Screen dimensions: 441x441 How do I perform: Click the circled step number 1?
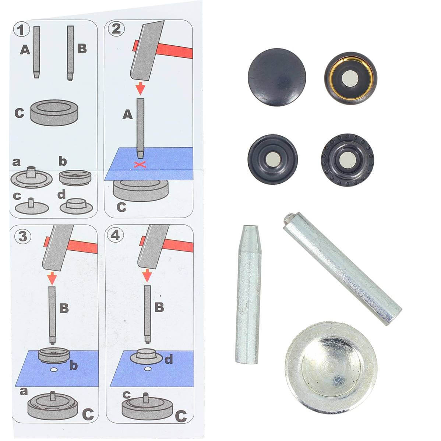[21, 29]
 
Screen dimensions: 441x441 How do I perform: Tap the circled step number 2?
[116, 29]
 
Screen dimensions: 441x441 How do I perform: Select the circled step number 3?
[22, 236]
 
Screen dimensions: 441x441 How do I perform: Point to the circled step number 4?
[115, 235]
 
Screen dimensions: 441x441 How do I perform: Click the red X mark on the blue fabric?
[140, 165]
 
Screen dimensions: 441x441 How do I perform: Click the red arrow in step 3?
[52, 278]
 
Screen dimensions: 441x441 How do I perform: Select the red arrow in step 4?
[147, 275]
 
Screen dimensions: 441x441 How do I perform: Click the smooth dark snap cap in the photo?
[277, 77]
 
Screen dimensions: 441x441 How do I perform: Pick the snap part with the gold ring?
[350, 78]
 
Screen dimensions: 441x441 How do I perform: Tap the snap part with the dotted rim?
[347, 160]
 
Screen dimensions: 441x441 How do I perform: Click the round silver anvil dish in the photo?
[331, 368]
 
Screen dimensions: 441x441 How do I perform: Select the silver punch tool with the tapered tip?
[248, 294]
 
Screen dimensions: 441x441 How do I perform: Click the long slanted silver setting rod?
[343, 269]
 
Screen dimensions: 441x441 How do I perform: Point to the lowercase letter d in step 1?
[61, 194]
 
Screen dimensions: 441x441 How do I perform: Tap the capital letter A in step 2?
[127, 114]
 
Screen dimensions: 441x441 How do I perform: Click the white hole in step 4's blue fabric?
[148, 369]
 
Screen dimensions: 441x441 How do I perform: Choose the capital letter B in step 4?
[159, 307]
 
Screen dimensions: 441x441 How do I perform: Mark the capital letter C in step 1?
[19, 113]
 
